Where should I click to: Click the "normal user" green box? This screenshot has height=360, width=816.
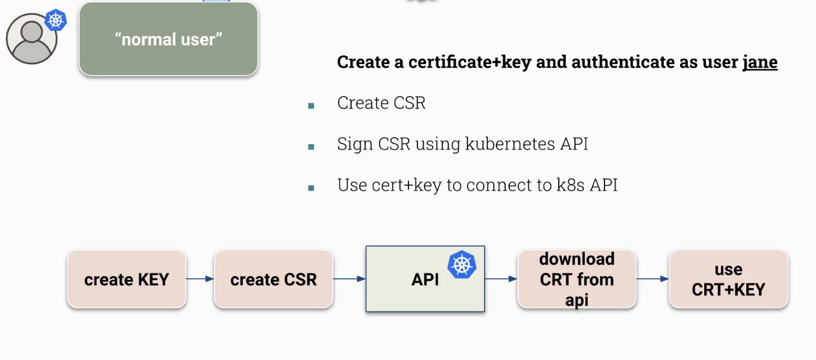pyautogui.click(x=169, y=39)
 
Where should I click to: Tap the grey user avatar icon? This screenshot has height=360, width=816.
pyautogui.click(x=31, y=39)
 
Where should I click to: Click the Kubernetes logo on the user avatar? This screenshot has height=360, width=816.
pyautogui.click(x=56, y=20)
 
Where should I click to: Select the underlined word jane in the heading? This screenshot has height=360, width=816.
pyautogui.click(x=759, y=62)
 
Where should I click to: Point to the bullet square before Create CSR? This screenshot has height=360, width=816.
pyautogui.click(x=311, y=106)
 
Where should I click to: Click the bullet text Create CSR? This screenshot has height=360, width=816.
pyautogui.click(x=381, y=103)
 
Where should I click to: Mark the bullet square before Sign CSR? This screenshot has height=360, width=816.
pyautogui.click(x=311, y=147)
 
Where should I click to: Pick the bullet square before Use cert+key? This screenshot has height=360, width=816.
pyautogui.click(x=311, y=188)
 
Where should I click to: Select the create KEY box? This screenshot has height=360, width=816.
pyautogui.click(x=127, y=279)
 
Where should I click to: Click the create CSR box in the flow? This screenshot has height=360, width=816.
pyautogui.click(x=274, y=279)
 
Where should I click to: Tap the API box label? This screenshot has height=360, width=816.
pyautogui.click(x=425, y=280)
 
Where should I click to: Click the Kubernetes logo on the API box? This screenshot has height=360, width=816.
pyautogui.click(x=462, y=264)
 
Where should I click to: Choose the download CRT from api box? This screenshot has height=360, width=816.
pyautogui.click(x=577, y=279)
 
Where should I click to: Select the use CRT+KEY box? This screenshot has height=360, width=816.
pyautogui.click(x=728, y=279)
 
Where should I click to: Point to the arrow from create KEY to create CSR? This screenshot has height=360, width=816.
pyautogui.click(x=200, y=279)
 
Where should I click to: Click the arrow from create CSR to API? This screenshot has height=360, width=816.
pyautogui.click(x=349, y=279)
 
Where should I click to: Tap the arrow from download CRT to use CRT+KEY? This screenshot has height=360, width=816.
pyautogui.click(x=652, y=279)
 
